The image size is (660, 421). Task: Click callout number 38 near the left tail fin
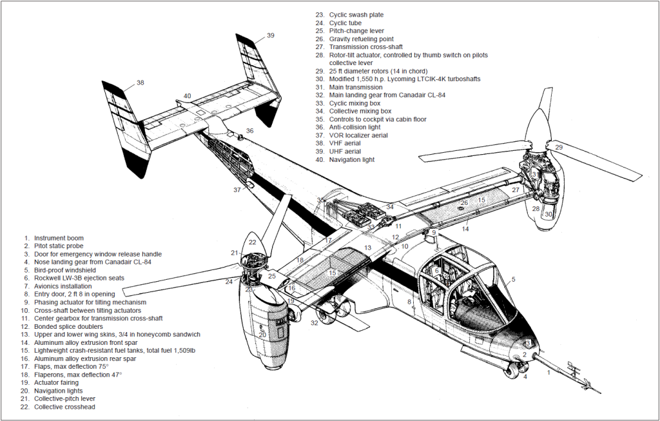pyautogui.click(x=140, y=83)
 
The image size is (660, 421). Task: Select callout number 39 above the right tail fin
pyautogui.click(x=270, y=35)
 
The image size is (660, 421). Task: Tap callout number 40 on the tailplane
pyautogui.click(x=187, y=96)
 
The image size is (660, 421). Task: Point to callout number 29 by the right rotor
pyautogui.click(x=559, y=148)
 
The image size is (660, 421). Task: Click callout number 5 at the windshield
pyautogui.click(x=513, y=279)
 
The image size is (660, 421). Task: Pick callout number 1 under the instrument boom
pyautogui.click(x=548, y=372)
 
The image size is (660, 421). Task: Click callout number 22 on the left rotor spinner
pyautogui.click(x=253, y=242)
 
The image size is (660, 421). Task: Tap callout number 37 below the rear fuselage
pyautogui.click(x=238, y=190)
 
